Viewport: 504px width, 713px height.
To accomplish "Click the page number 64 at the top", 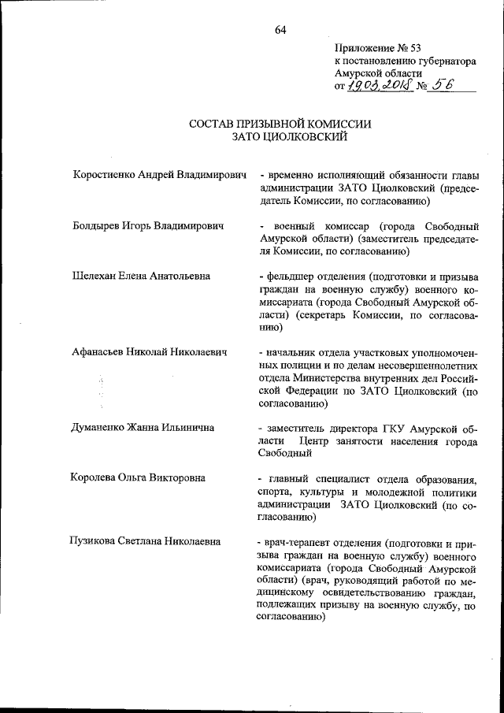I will click(x=280, y=30).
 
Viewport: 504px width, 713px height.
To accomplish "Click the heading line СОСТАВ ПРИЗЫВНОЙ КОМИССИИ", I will click(x=280, y=124).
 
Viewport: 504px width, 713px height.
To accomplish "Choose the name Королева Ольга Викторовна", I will click(x=139, y=478).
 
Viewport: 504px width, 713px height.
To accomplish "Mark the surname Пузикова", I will click(x=94, y=541).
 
